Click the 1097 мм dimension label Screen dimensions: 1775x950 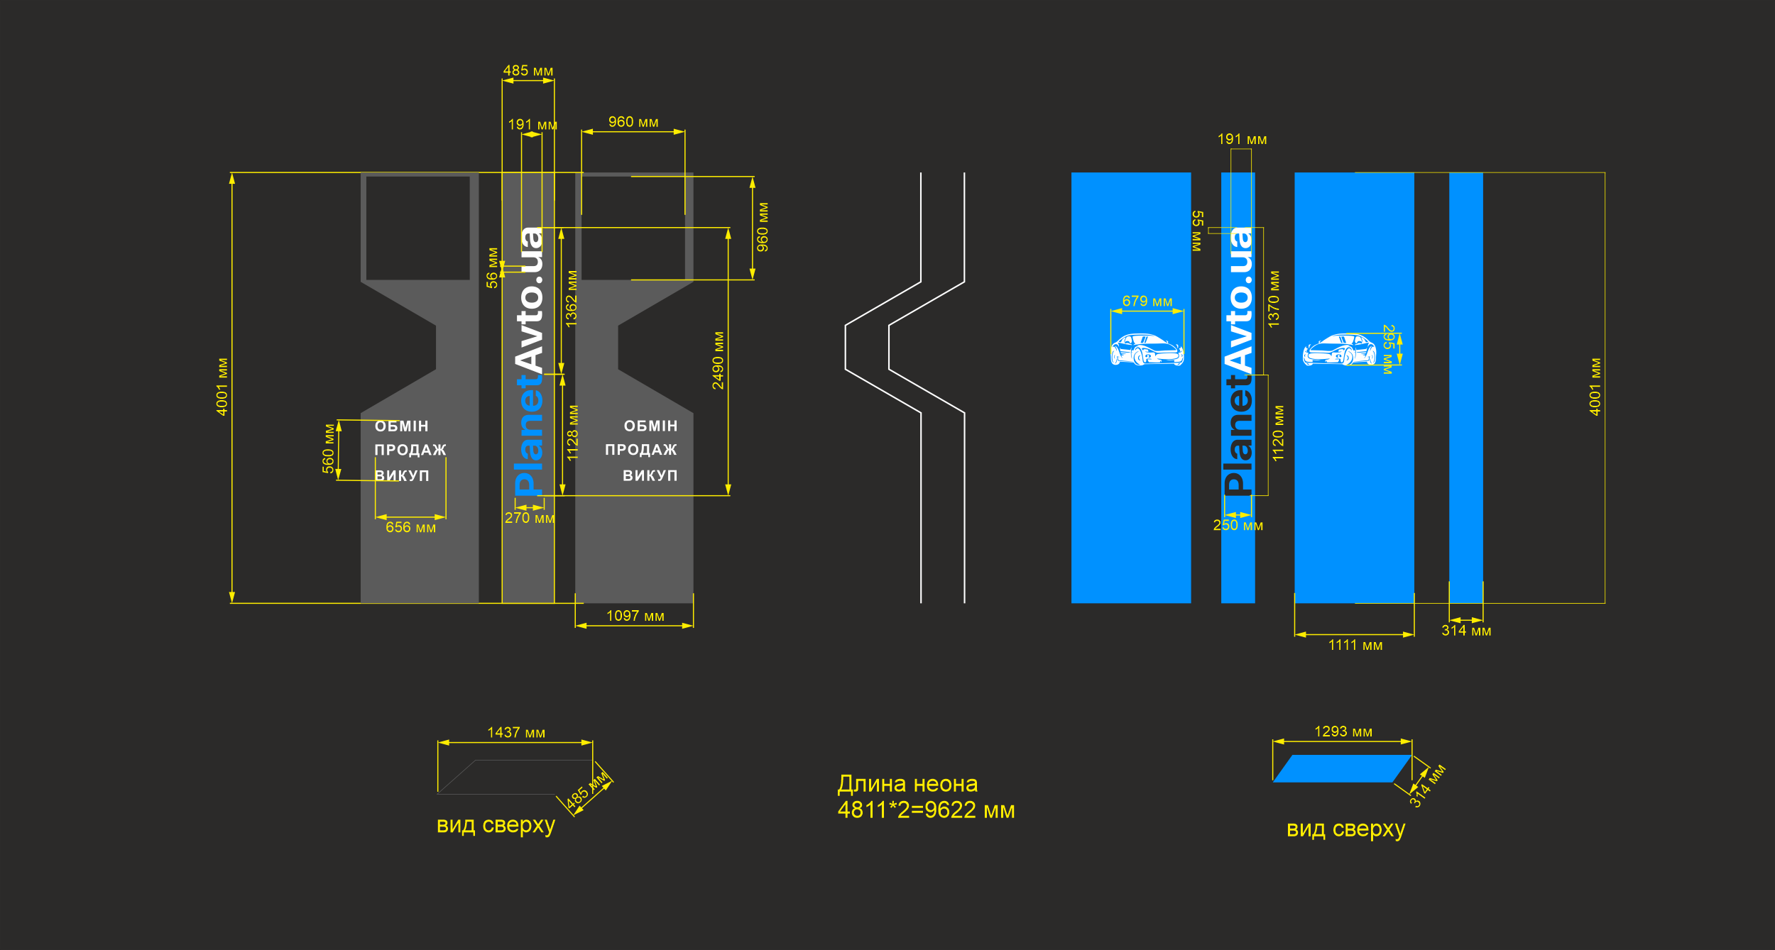pos(635,616)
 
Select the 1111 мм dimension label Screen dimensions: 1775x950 pos(1355,645)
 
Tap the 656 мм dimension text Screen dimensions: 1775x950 pos(410,527)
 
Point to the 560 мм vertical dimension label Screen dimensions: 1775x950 pos(328,448)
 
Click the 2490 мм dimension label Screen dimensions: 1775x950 pos(718,360)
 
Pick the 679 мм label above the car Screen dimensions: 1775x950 pos(1147,301)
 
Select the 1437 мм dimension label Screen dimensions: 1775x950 pos(516,732)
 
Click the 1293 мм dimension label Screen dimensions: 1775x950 pos(1343,731)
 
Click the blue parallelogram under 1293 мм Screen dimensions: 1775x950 pos(1342,768)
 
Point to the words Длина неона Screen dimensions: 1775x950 pos(907,784)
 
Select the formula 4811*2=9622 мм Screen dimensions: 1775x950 pos(926,810)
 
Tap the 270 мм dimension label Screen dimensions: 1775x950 pos(530,518)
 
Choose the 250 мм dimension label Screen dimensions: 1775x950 pos(1238,525)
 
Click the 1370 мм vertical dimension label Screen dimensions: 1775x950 pos(1274,299)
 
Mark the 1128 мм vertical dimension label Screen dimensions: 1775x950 pos(572,433)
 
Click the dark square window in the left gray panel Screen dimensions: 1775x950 pos(417,228)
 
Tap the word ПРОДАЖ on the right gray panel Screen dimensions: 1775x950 pos(640,450)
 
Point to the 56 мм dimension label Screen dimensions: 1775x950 pos(492,267)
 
